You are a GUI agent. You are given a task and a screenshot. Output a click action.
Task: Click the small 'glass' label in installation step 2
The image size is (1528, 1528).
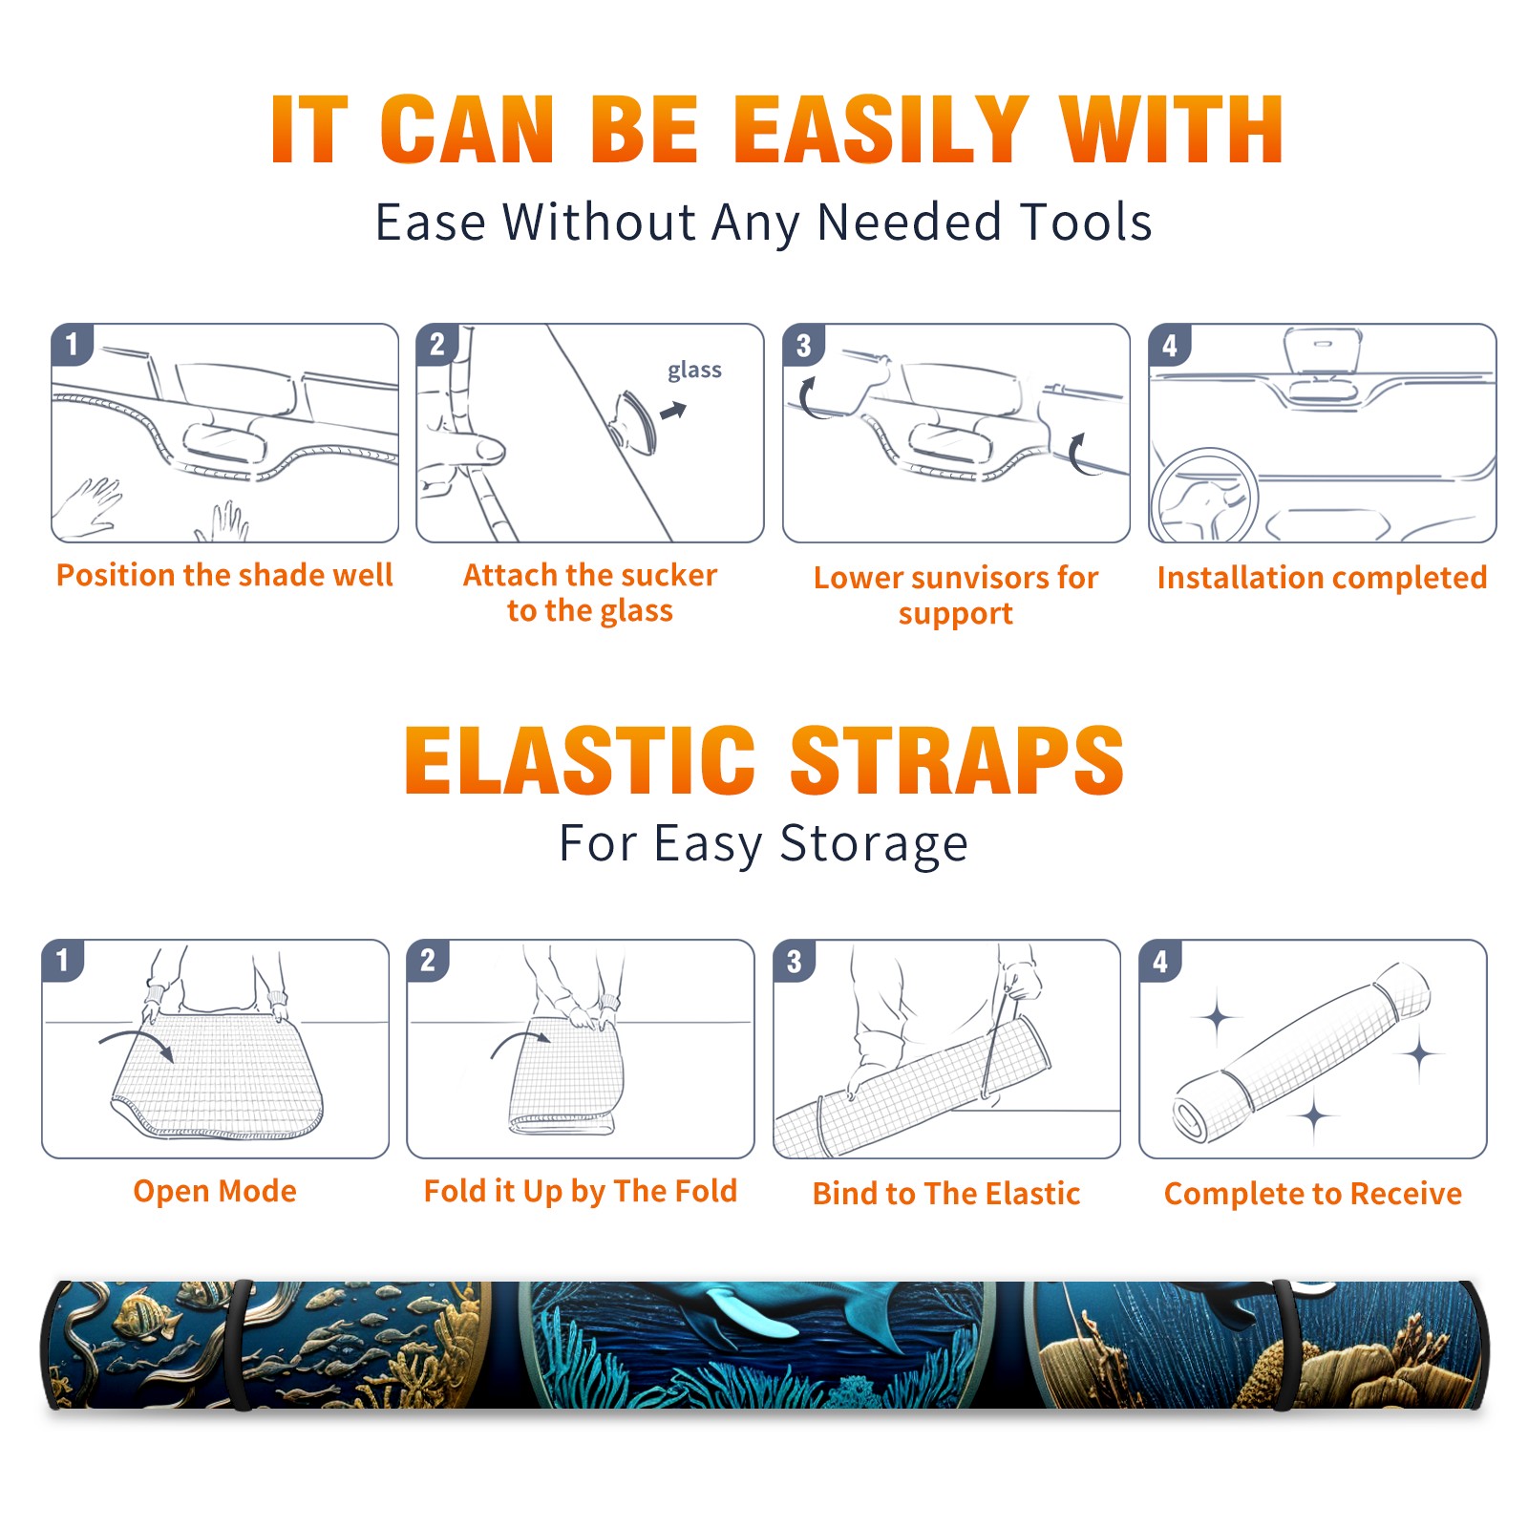pyautogui.click(x=694, y=371)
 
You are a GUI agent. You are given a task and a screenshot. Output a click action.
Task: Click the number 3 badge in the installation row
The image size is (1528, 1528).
pyautogui.click(x=803, y=346)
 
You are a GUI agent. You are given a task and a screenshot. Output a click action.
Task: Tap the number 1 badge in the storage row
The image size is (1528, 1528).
pyautogui.click(x=63, y=960)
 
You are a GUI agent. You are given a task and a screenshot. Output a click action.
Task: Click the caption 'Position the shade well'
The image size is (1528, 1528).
pyautogui.click(x=224, y=575)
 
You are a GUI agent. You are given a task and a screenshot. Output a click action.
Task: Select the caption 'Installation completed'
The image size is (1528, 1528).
pyautogui.click(x=1322, y=577)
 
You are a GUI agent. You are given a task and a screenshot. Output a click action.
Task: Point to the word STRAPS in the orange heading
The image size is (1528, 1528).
pyautogui.click(x=957, y=760)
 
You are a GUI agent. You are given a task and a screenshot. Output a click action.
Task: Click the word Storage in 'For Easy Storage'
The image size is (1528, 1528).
pyautogui.click(x=874, y=844)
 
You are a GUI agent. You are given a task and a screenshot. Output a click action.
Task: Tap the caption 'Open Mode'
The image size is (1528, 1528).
pyautogui.click(x=215, y=1191)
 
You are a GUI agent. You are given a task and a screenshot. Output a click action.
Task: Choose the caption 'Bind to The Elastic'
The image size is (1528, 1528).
pyautogui.click(x=946, y=1193)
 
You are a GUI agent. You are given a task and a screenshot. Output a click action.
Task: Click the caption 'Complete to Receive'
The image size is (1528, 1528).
pyautogui.click(x=1313, y=1193)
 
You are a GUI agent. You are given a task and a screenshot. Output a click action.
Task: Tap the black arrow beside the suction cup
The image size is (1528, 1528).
pyautogui.click(x=673, y=411)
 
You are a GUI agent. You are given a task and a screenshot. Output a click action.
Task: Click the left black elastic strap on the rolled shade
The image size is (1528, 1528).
pyautogui.click(x=241, y=1346)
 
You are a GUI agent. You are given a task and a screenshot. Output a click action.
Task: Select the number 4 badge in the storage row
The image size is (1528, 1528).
pyautogui.click(x=1160, y=961)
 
